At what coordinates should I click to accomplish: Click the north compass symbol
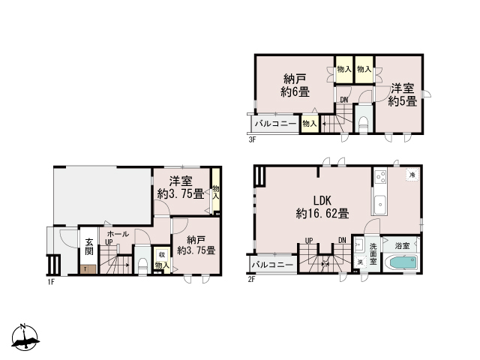tap(25, 337)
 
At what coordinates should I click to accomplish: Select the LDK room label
tap(322, 200)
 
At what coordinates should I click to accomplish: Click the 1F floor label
tap(51, 282)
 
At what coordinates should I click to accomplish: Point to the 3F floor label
tap(252, 140)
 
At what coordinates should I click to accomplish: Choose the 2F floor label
tap(251, 280)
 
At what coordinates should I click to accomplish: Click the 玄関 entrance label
tap(89, 247)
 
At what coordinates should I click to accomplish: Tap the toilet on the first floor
tap(142, 266)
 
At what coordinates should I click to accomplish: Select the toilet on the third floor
tap(363, 124)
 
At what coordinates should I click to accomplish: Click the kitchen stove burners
tap(381, 177)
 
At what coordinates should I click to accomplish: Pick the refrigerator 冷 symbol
tap(412, 175)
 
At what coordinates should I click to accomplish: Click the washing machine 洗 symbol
tap(360, 262)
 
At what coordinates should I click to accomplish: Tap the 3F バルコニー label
tap(275, 124)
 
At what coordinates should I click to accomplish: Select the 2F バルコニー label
tap(272, 265)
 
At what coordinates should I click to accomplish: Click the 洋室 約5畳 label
tap(403, 95)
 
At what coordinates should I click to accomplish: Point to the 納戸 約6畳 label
tap(295, 85)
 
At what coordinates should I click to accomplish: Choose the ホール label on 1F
tap(118, 234)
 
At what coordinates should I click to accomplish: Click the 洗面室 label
tap(373, 253)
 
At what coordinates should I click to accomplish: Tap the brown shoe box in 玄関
tap(88, 269)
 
